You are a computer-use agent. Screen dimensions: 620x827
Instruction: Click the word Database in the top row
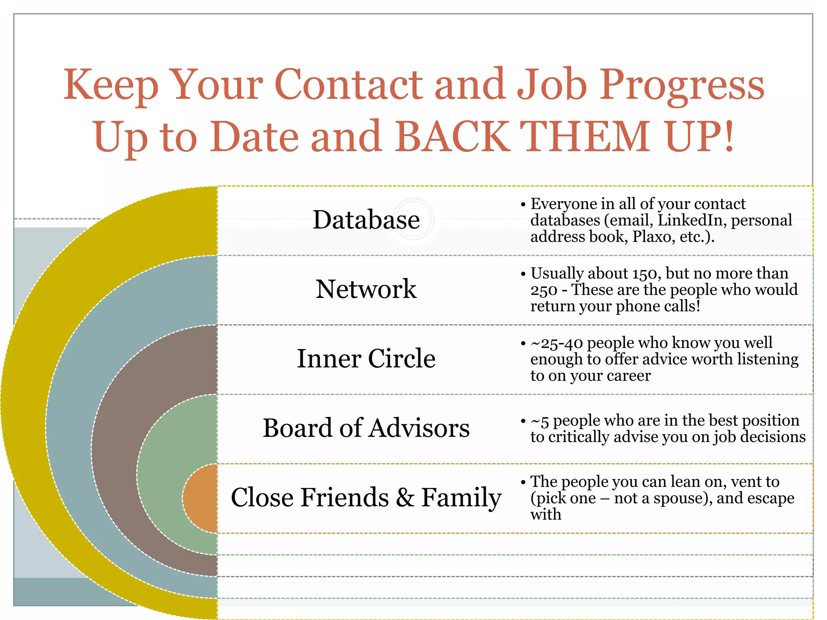pos(366,220)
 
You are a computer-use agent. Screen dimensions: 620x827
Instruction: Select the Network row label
pos(366,289)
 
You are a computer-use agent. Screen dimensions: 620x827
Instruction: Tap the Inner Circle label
pos(366,358)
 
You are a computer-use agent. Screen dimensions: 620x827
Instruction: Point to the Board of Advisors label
pos(366,428)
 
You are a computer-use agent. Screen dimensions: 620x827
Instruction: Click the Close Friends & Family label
pos(366,497)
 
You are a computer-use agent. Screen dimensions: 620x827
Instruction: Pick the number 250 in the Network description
pos(544,290)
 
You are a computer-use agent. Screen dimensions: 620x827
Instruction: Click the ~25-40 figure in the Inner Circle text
pos(556,343)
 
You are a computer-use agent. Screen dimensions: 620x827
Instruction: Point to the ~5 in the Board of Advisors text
pos(540,421)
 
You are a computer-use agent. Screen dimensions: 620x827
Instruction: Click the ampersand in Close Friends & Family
pos(405,497)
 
